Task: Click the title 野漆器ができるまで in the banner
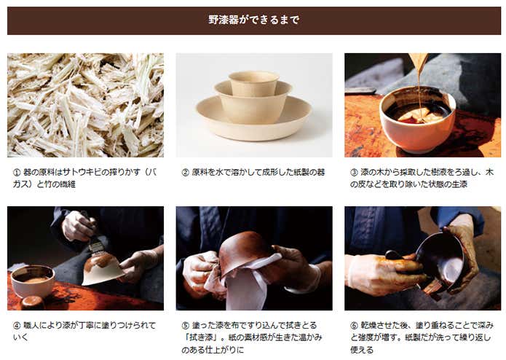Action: click(253, 20)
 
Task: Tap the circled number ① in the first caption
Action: click(17, 173)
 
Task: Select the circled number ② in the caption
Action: click(185, 173)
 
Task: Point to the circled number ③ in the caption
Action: click(354, 173)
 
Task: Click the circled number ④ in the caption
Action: click(17, 326)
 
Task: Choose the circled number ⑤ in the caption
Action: click(185, 326)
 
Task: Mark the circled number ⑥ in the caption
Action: click(354, 326)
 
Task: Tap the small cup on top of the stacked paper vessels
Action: click(253, 83)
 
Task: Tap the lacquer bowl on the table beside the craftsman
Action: click(32, 281)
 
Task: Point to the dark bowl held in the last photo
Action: click(440, 258)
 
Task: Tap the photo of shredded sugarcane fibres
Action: click(85, 105)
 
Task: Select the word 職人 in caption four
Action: click(31, 326)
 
